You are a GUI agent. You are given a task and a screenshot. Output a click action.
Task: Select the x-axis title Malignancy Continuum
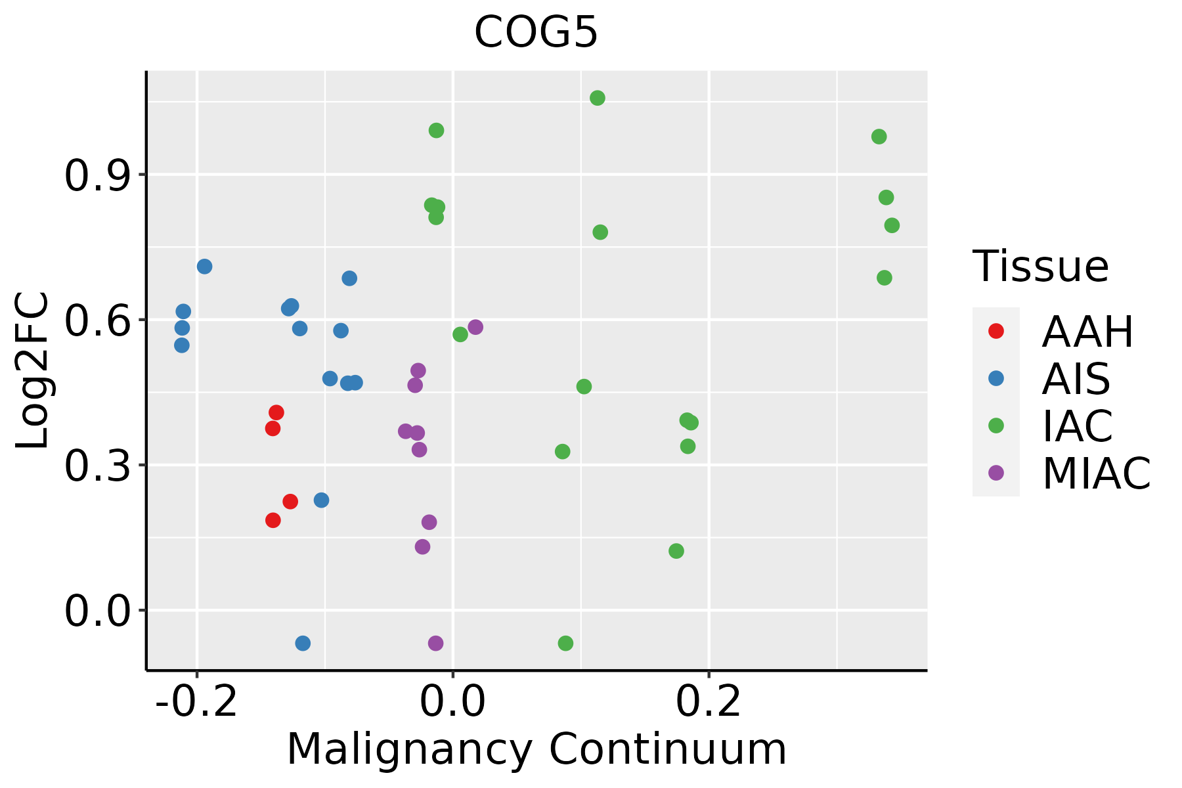click(x=536, y=750)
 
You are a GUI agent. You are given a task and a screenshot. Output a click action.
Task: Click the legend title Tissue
click(x=1040, y=267)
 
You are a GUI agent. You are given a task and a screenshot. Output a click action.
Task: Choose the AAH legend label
click(x=1087, y=332)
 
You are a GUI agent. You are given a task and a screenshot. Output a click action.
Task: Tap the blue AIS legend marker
click(x=996, y=378)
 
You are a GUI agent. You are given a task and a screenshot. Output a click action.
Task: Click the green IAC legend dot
click(x=996, y=426)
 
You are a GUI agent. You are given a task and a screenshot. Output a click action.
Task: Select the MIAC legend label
click(x=1096, y=473)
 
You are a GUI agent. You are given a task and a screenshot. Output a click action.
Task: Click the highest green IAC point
click(x=598, y=98)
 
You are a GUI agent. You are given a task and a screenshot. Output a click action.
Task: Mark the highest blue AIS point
click(x=205, y=267)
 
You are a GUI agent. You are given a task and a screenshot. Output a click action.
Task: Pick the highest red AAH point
click(x=276, y=412)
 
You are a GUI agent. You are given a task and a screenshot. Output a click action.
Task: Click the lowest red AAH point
click(x=273, y=520)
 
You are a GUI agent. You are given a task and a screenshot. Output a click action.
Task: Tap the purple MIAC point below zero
click(x=435, y=643)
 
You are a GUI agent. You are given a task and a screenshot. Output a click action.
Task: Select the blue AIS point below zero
click(x=303, y=643)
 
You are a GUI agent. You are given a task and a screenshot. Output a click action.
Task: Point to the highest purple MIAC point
click(x=475, y=327)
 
